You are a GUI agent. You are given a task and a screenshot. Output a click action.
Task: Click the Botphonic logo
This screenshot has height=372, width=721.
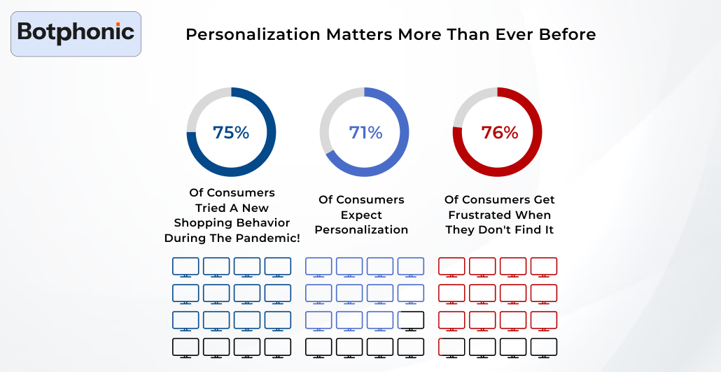(x=76, y=32)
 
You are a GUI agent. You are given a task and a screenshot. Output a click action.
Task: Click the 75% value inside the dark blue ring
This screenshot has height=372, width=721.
(x=231, y=132)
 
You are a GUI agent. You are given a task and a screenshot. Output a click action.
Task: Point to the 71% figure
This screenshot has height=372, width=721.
(x=365, y=132)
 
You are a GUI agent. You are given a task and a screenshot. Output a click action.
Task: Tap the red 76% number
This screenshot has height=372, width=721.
(x=499, y=132)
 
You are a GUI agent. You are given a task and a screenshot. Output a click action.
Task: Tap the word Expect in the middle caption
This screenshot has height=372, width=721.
(x=361, y=215)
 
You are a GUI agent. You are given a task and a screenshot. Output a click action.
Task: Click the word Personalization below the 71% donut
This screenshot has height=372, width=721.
(x=361, y=230)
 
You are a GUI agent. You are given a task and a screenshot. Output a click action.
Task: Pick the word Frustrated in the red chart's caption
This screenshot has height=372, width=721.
(x=499, y=215)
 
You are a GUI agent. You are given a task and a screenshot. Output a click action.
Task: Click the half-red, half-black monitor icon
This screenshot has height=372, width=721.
(x=451, y=347)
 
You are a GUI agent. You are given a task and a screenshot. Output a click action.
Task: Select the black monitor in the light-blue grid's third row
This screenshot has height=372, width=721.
(x=410, y=320)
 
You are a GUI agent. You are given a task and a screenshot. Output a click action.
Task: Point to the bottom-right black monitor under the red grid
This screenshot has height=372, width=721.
(x=543, y=347)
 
